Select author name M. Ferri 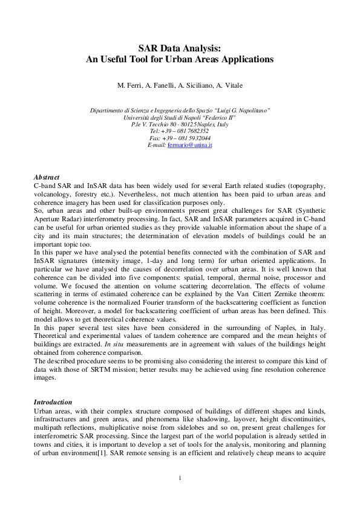131,85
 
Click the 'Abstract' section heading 47,177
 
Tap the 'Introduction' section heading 53,401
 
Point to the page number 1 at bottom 180,479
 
